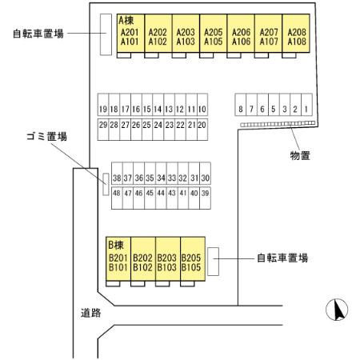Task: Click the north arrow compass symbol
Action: pyautogui.click(x=339, y=310)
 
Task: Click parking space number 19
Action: pyautogui.click(x=103, y=109)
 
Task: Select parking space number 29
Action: pyautogui.click(x=103, y=125)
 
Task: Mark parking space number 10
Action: pyautogui.click(x=203, y=109)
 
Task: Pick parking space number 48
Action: pyautogui.click(x=117, y=194)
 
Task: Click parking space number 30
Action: pyautogui.click(x=205, y=178)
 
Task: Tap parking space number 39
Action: pyautogui.click(x=205, y=194)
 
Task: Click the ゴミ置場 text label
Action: pyautogui.click(x=46, y=137)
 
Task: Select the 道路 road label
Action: pyautogui.click(x=90, y=313)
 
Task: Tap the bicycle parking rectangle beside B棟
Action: pyautogui.click(x=214, y=261)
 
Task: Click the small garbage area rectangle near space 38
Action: pyautogui.click(x=105, y=184)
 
